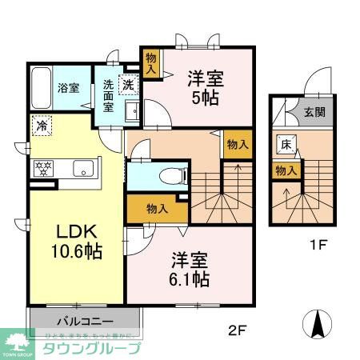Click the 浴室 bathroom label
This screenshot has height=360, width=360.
[67, 89]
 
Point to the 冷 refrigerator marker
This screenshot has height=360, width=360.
[39, 125]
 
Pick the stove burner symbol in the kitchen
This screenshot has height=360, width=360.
[41, 169]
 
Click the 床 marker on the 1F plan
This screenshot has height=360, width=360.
[286, 145]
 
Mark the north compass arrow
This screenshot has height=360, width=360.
[318, 324]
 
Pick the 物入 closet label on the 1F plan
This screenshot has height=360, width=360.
[286, 170]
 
